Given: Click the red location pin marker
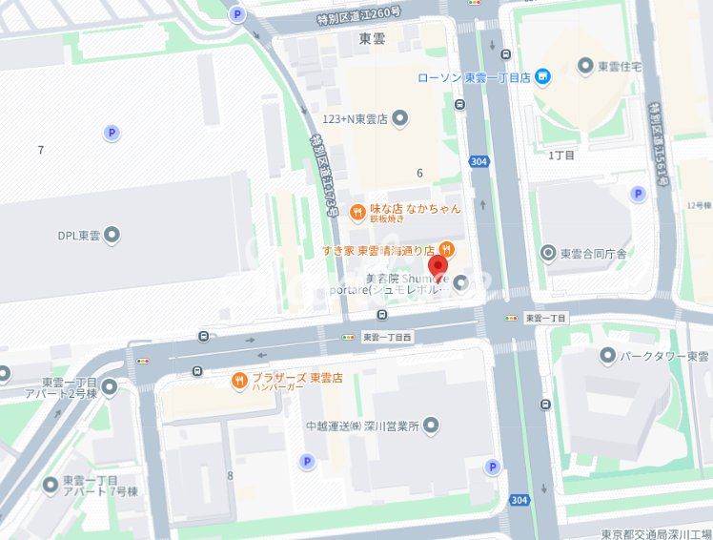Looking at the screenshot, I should [438, 268].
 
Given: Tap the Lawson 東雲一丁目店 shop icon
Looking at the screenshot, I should [542, 76].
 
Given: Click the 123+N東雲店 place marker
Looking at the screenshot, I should [400, 118].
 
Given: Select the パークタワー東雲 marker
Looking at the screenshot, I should [608, 356].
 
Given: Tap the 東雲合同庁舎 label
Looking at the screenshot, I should [592, 253].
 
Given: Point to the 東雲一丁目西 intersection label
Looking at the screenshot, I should [388, 337].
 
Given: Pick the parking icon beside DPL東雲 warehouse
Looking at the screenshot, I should [112, 134].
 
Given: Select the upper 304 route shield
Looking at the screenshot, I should [479, 162].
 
